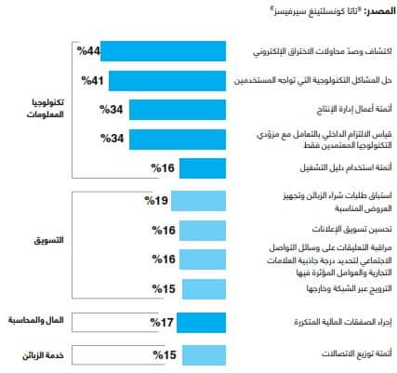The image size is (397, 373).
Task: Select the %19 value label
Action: (x=157, y=199)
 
